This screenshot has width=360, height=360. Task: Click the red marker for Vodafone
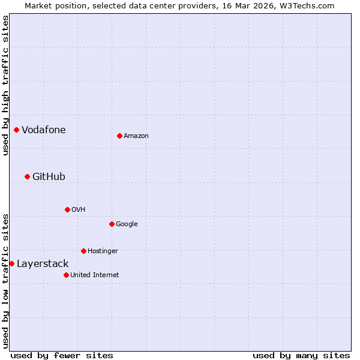16,130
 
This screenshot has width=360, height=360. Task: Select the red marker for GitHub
27,176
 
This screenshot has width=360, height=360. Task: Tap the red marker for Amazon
119,136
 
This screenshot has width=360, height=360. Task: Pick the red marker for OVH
67,209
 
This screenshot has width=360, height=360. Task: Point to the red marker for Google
112,224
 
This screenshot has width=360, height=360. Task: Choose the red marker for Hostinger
83,251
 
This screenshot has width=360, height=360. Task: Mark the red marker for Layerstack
11,263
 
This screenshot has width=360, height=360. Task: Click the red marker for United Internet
66,275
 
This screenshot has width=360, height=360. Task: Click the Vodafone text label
44,130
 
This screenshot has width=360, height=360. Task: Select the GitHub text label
49,176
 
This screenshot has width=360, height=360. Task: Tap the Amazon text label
136,136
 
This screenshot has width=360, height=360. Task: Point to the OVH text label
78,209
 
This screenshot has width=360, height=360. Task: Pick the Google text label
127,224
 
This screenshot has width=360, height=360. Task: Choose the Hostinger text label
103,251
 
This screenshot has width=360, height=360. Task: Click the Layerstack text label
43,263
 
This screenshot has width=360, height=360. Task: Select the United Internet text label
94,275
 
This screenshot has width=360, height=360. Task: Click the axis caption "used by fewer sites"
62,355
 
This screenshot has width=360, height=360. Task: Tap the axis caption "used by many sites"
301,355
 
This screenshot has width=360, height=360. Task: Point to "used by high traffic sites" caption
5,85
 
